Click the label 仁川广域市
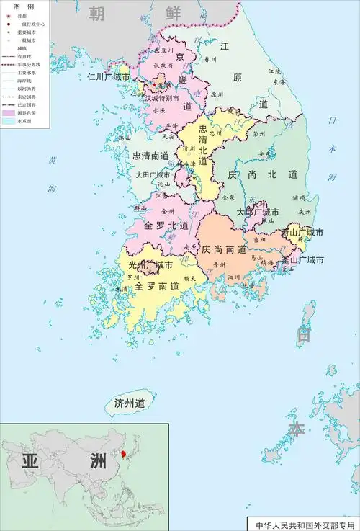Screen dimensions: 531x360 (x=109, y=76)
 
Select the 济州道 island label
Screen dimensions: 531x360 (x=130, y=403)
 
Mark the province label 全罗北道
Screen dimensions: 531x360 (x=166, y=226)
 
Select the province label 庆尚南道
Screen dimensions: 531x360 (x=226, y=249)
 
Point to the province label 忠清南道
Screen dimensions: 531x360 (x=150, y=155)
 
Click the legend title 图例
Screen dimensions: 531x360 (x=24, y=6)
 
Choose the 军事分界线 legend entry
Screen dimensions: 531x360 (x=26, y=63)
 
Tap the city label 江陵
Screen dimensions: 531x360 (x=275, y=72)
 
